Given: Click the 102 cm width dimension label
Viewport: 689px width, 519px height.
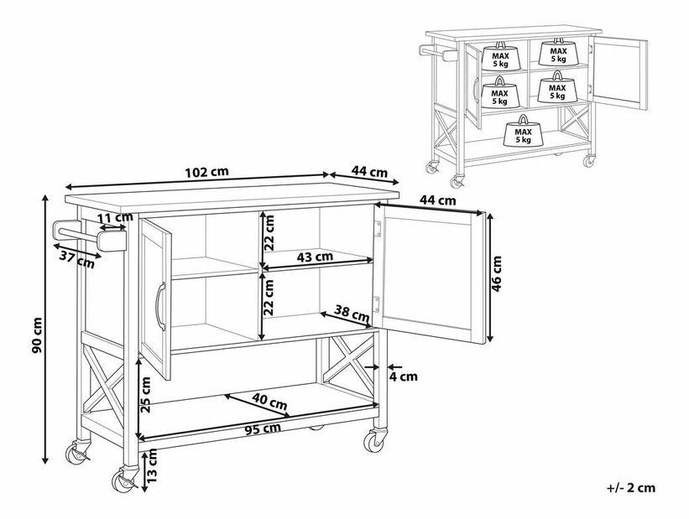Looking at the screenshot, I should (x=207, y=172).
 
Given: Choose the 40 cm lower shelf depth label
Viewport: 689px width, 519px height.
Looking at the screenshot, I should (x=271, y=403).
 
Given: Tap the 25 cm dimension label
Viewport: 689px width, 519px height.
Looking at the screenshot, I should (x=146, y=395).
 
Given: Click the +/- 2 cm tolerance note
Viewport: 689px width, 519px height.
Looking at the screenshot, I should (x=629, y=487).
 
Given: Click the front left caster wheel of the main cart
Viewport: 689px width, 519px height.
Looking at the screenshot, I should (x=124, y=480).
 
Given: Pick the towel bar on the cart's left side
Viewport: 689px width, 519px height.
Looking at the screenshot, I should (x=84, y=232).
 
